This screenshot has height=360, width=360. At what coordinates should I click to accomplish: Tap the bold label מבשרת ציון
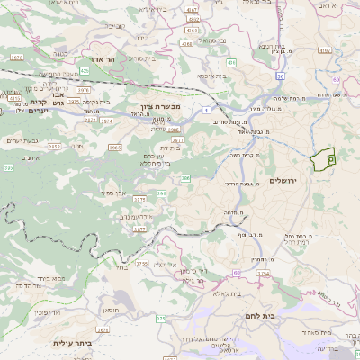(x=162, y=105)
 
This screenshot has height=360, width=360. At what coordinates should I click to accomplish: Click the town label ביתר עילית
(x=75, y=342)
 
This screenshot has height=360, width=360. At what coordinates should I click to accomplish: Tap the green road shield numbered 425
(x=84, y=69)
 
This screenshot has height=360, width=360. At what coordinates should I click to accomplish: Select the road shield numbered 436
(x=232, y=63)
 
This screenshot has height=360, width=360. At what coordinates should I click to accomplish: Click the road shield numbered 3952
(x=54, y=147)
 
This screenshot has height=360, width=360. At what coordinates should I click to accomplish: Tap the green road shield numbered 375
(x=160, y=319)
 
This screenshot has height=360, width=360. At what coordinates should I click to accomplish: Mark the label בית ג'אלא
(x=219, y=293)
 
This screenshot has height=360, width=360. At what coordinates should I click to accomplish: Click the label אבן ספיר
(x=112, y=193)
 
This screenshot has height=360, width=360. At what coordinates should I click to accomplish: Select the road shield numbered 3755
(x=142, y=264)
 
